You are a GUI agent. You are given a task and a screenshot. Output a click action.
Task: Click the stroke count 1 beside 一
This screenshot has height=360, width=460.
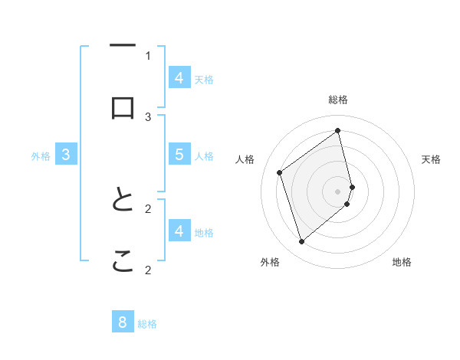coord(148,55)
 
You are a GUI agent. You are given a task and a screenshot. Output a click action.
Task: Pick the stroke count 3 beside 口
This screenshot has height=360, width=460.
coord(148,116)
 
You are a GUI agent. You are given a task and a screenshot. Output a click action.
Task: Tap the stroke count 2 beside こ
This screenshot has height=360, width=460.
coord(148,270)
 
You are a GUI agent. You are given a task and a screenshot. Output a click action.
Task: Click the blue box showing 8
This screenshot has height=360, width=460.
coord(123,322)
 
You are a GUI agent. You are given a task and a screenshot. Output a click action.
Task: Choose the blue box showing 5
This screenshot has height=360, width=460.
coord(179,155)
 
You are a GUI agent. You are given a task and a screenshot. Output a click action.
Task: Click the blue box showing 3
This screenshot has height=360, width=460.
coord(66,155)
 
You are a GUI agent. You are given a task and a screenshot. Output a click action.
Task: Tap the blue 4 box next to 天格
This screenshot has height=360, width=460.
coord(179,78)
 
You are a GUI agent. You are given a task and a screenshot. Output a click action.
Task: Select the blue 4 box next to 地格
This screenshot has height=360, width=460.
coord(179,231)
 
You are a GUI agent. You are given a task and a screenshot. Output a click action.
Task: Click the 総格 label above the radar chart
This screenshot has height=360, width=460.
coord(338,100)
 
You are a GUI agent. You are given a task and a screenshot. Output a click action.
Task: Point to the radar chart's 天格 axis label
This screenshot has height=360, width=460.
coord(432,159)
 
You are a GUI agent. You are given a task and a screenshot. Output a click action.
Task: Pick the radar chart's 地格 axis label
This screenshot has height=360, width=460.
coord(402,262)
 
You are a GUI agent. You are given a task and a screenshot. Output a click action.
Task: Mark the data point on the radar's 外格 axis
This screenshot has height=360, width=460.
coord(301,242)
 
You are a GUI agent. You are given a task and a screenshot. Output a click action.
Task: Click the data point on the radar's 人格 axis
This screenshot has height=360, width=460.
coord(280,172)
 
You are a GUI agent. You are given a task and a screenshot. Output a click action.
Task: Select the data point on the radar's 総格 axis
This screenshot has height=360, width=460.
coord(338,130)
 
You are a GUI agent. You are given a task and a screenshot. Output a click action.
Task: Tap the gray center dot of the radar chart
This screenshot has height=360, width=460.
coord(338,191)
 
